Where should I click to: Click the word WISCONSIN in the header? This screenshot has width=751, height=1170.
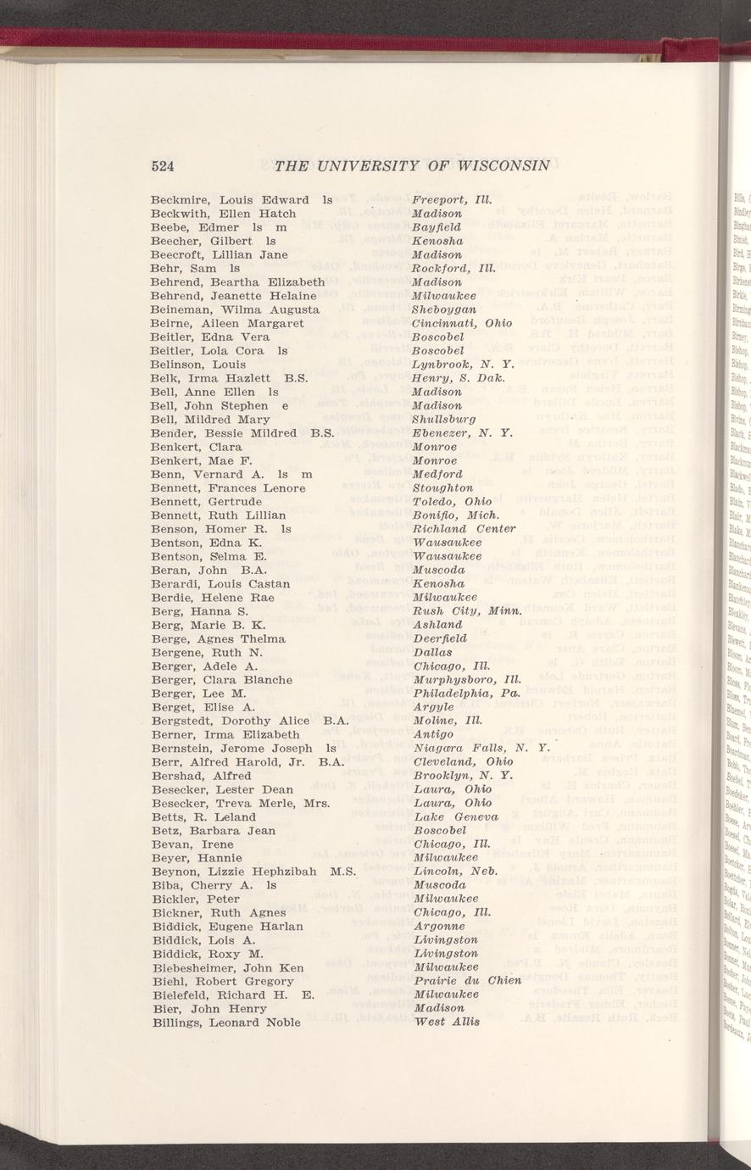501,164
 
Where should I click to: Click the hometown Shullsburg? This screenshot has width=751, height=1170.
443,419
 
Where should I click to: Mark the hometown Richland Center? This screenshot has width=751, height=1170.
463,528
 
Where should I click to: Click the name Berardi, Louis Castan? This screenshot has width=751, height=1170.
220,583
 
